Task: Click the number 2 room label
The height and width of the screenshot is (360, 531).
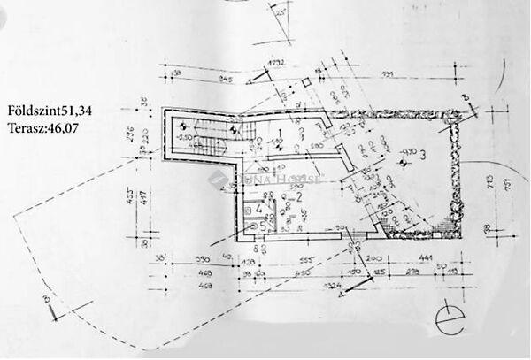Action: [300, 197]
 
